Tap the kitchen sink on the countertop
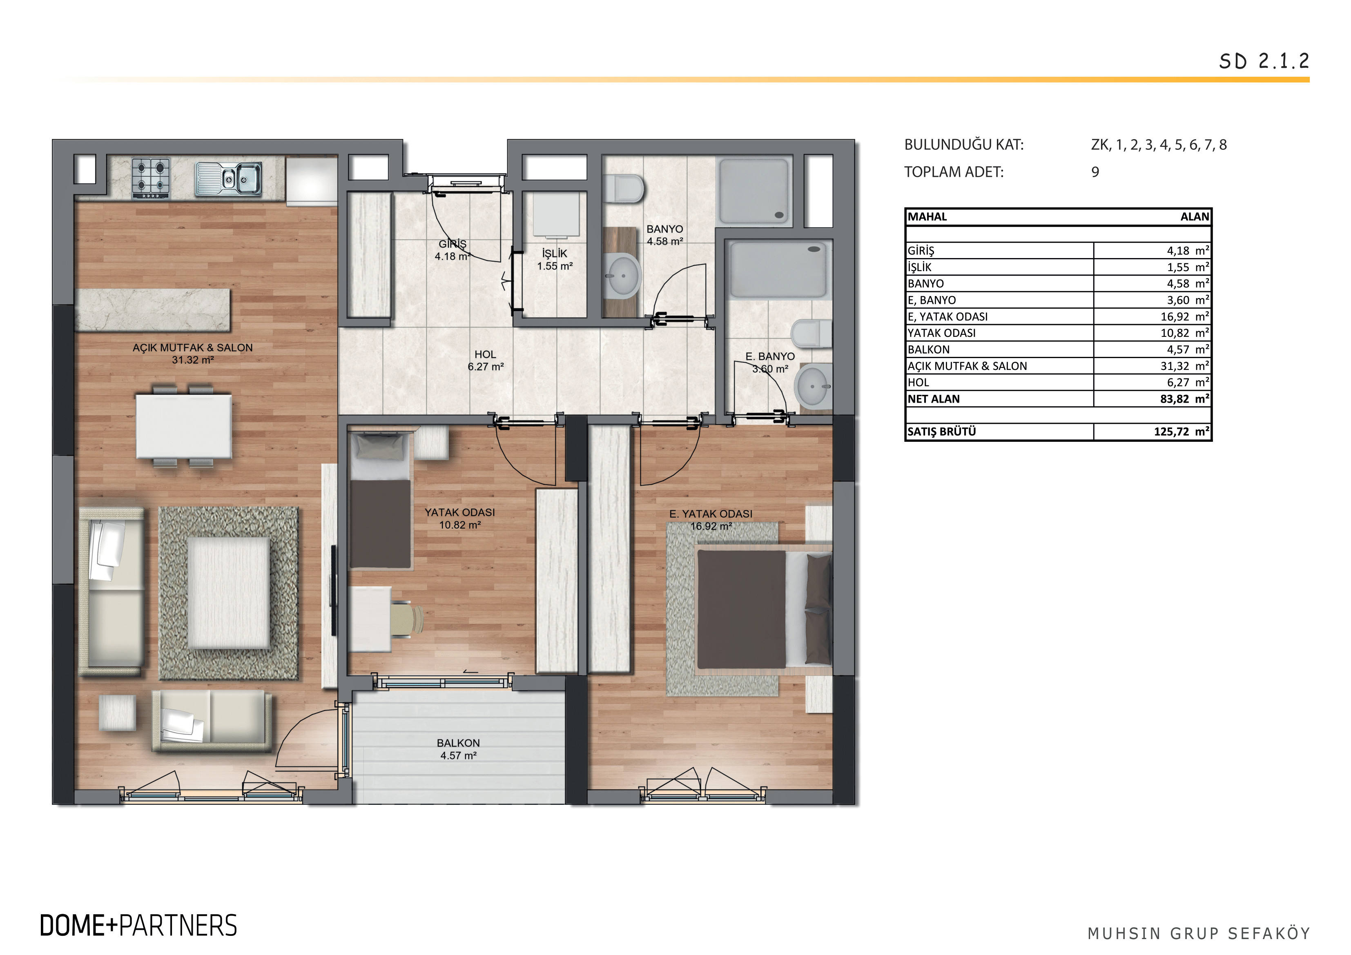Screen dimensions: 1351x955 [x=229, y=178]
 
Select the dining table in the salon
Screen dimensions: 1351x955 [x=184, y=426]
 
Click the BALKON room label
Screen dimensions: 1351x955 [x=458, y=743]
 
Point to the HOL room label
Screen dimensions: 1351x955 [x=486, y=354]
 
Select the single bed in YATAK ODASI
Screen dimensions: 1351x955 [x=380, y=500]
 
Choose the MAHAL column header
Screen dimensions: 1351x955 [x=927, y=216]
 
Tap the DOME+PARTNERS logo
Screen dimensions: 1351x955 [x=138, y=926]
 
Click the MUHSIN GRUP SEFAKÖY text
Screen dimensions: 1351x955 [x=1199, y=933]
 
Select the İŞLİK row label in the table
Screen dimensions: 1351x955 [x=920, y=267]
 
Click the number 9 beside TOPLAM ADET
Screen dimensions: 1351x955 [x=1095, y=172]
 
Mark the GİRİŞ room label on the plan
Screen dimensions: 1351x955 [x=453, y=244]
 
